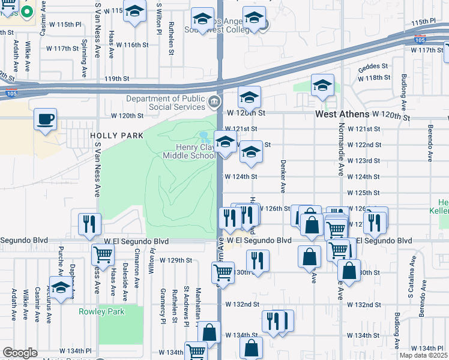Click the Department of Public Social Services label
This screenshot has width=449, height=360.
click(166, 103)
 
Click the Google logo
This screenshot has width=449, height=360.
click(20, 353)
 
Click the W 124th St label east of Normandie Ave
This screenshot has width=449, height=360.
click(364, 177)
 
